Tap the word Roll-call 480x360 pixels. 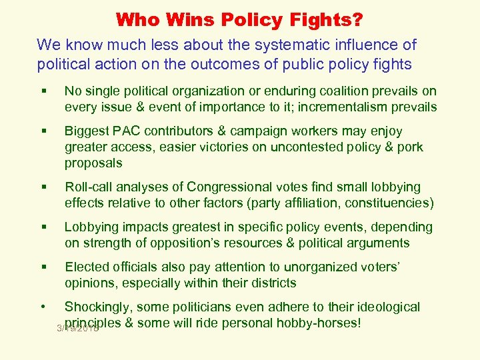89,187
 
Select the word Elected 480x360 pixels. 86,267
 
